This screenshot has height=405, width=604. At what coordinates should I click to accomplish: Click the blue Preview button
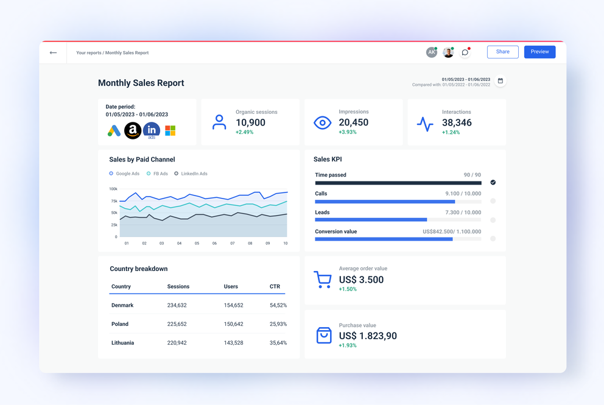539,52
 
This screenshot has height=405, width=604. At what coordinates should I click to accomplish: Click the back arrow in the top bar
54,53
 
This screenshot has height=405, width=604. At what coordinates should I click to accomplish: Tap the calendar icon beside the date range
500,80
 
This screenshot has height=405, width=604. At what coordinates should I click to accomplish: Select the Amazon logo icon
133,130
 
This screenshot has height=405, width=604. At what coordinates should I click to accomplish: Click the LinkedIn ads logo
152,130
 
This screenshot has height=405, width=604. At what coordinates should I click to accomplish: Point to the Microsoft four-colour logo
170,130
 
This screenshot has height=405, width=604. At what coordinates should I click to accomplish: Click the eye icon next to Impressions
322,123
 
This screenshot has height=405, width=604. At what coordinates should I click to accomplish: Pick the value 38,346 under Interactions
457,122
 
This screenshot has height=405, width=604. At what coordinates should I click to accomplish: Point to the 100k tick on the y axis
113,189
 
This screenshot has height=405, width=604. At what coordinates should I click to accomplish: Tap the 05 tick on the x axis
197,243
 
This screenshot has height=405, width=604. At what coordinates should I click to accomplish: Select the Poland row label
120,324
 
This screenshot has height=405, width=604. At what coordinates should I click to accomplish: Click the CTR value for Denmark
278,305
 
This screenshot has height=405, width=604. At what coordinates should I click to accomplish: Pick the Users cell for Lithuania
233,343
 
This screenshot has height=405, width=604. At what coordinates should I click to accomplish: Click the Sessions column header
178,286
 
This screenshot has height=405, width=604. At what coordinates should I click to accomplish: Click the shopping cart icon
323,280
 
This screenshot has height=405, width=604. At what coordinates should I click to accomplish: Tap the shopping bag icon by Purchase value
324,335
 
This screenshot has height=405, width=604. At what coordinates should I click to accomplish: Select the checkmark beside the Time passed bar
493,182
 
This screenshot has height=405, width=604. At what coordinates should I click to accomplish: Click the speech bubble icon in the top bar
465,52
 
